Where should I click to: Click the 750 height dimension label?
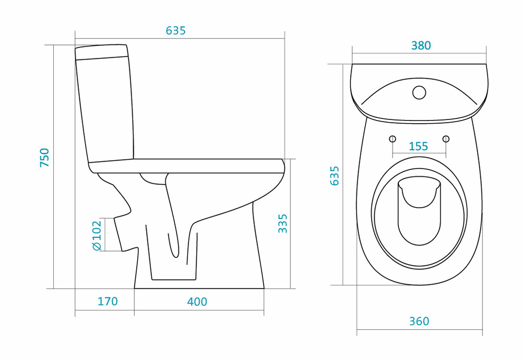pyautogui.click(x=44, y=158)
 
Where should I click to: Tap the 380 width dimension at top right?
pyautogui.click(x=421, y=45)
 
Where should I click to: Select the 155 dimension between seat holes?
pyautogui.click(x=418, y=146)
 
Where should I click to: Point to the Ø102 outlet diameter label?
pyautogui.click(x=96, y=235)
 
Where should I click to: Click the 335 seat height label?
pyautogui.click(x=282, y=223)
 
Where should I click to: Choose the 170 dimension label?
pyautogui.click(x=108, y=302)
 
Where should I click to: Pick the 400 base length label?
pyautogui.click(x=197, y=302)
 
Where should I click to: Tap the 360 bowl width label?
pyautogui.click(x=419, y=321)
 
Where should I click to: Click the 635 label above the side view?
pyautogui.click(x=176, y=31)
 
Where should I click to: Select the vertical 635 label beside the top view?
pyautogui.click(x=334, y=176)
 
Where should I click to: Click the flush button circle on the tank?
pyautogui.click(x=419, y=92)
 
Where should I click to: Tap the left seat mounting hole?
pyautogui.click(x=393, y=139)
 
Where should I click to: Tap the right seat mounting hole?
pyautogui.click(x=446, y=139)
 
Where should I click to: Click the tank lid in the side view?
pyautogui.click(x=102, y=52)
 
